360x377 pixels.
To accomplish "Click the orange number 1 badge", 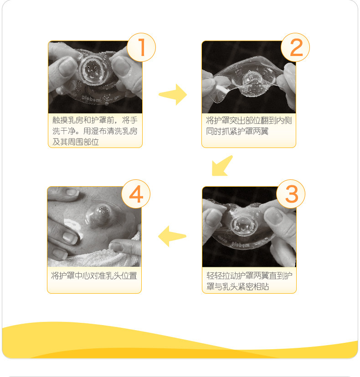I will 141,47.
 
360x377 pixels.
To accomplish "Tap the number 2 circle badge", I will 296,47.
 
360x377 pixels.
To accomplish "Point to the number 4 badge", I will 136,194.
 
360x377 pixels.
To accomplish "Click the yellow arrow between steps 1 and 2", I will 172,94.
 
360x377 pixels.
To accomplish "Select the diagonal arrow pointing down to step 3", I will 222,165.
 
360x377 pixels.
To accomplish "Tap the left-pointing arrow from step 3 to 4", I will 172,236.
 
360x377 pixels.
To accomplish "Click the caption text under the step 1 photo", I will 95,131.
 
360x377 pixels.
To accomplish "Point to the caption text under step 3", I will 249,281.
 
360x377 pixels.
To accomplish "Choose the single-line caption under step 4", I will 94,276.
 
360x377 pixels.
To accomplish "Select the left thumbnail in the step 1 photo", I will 68,66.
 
